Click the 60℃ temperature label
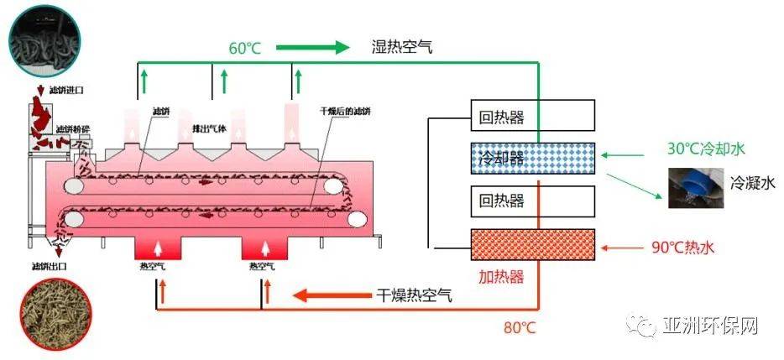245,48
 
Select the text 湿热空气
402,47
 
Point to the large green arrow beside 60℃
312,47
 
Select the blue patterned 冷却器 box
532,157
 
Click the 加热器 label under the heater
501,275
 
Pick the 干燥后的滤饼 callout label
345,111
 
